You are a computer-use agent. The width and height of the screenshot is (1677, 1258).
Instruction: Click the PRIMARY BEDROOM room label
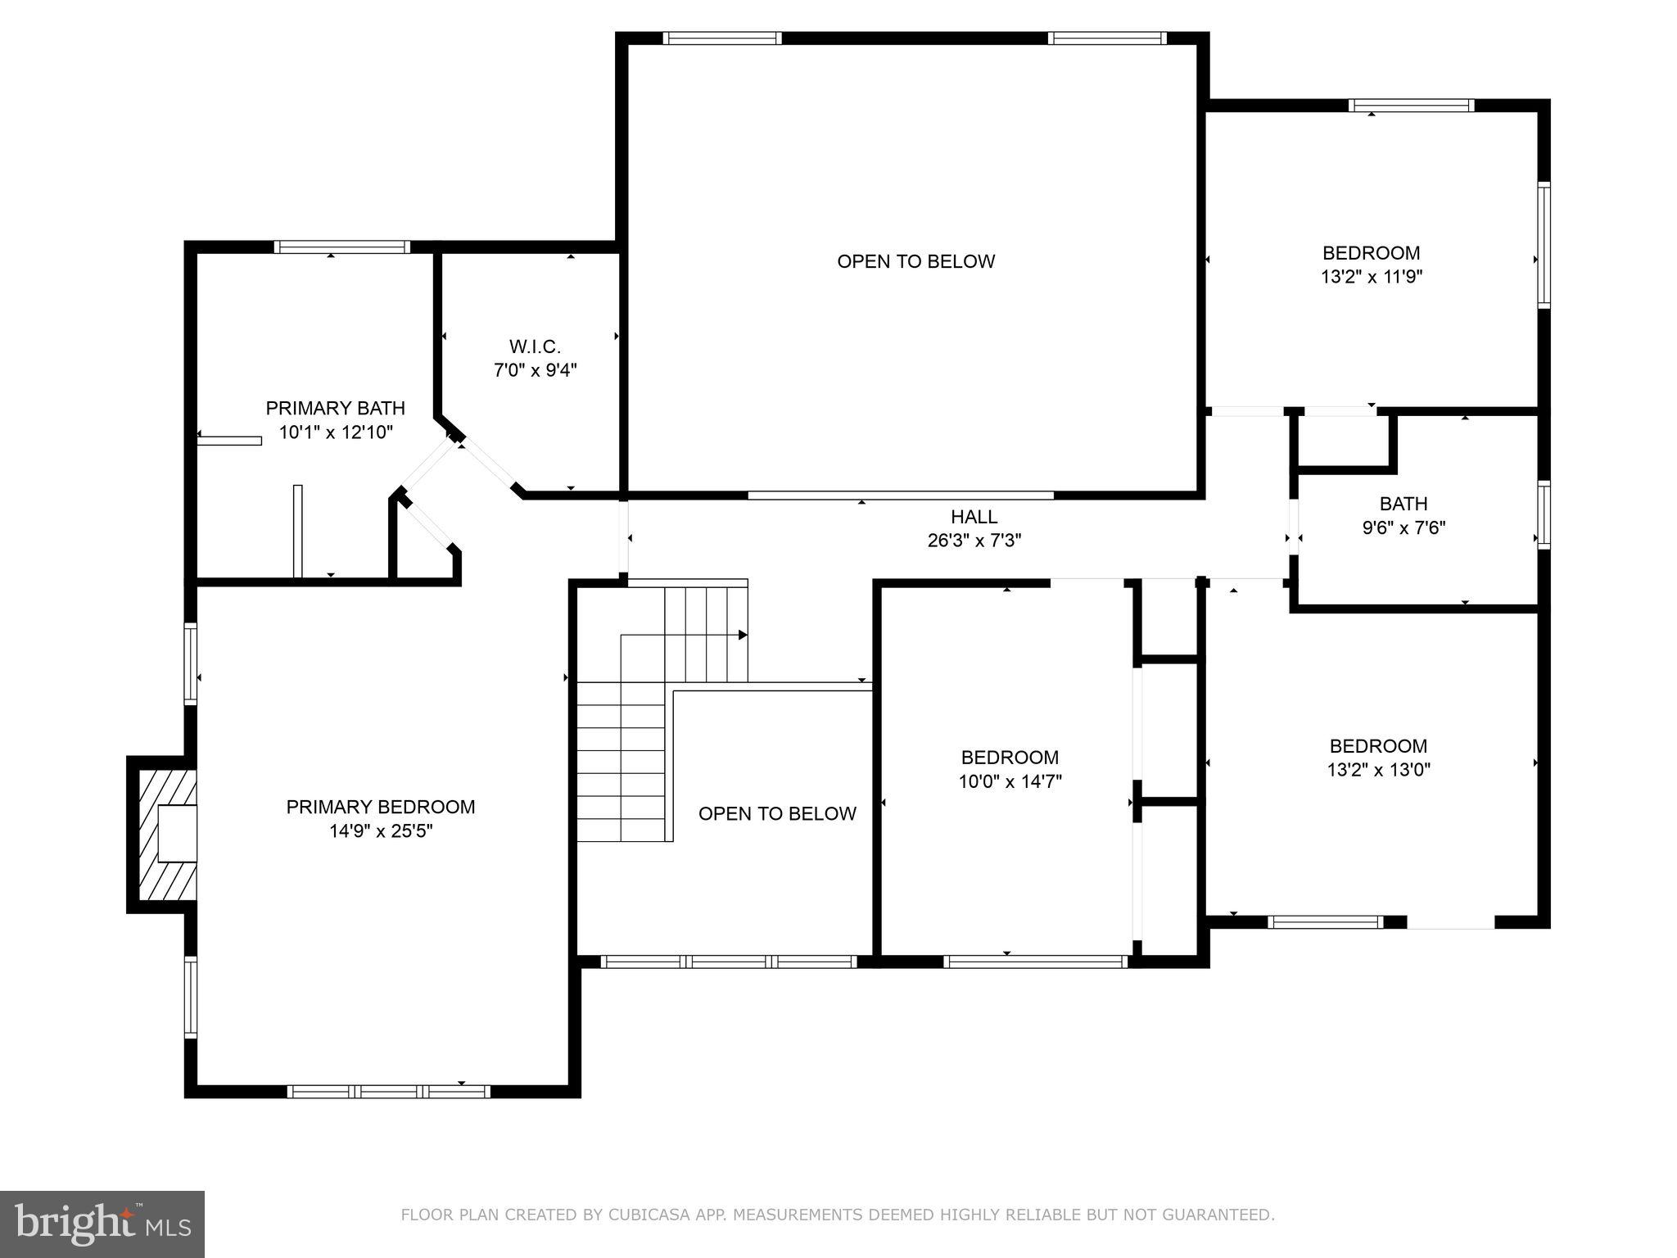380,807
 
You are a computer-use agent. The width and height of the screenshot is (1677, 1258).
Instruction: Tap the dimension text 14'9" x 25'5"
380,831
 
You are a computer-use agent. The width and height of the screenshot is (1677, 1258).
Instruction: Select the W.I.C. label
535,347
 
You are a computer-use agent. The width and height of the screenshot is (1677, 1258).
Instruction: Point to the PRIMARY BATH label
335,408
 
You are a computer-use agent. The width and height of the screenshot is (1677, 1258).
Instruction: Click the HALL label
974,517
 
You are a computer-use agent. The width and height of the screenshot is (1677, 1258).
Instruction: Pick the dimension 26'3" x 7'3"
974,541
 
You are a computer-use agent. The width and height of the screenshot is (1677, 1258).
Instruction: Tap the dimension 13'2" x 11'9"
1371,277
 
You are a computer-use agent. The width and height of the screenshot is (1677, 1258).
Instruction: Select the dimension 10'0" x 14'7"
1010,781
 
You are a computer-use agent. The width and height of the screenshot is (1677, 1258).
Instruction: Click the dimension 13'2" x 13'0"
1378,770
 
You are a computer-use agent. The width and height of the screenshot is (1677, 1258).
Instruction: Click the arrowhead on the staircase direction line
743,635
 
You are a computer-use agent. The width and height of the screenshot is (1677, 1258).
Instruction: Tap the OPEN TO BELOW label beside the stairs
777,813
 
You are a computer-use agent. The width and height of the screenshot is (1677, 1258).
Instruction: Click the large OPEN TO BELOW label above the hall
915,261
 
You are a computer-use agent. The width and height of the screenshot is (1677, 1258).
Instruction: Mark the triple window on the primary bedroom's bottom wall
388,1091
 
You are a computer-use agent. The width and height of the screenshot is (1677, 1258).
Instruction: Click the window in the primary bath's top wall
341,247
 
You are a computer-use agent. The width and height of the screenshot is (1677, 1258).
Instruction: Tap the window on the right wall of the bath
1543,514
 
